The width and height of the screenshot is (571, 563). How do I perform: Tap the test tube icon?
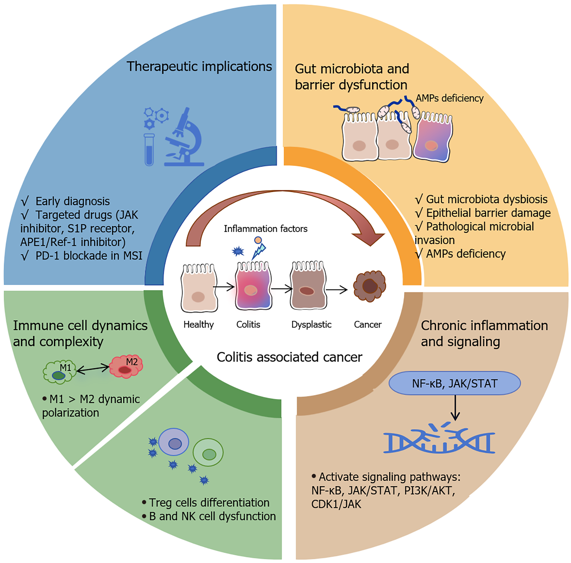(149, 150)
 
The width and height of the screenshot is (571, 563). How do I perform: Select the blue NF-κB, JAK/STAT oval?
(454, 383)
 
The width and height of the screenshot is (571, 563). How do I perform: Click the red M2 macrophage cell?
(126, 366)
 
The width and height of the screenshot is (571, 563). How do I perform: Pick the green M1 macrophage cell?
(59, 372)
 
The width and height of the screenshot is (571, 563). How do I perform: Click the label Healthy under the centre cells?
(198, 324)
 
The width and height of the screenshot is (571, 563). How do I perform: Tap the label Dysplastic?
(311, 324)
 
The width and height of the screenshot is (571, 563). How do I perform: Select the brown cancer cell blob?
(369, 286)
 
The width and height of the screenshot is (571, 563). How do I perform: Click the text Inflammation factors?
(265, 229)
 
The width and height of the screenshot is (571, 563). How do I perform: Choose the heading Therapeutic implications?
(199, 66)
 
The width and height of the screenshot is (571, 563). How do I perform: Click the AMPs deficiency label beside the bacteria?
(449, 98)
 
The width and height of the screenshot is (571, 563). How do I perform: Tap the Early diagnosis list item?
(65, 201)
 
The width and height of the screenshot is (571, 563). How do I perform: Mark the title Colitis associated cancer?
(289, 357)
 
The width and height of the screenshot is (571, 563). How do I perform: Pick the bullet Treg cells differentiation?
(206, 502)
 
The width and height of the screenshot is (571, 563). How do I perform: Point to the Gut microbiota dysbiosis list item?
(481, 199)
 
